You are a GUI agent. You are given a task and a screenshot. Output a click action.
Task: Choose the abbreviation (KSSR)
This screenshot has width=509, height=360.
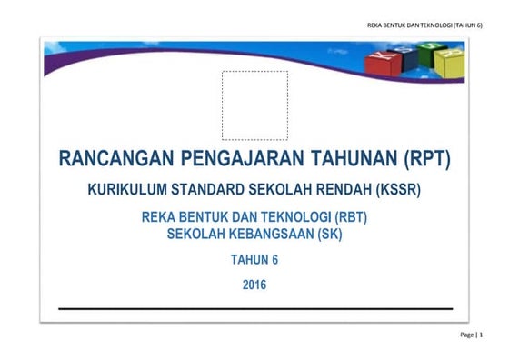pos(395,192)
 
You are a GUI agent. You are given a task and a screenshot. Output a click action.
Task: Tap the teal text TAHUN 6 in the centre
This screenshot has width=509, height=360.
pos(254,260)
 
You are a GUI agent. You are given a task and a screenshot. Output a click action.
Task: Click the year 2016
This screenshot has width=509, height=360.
pos(255,285)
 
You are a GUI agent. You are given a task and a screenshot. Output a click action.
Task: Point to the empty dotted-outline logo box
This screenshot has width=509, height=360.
pos(254,105)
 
